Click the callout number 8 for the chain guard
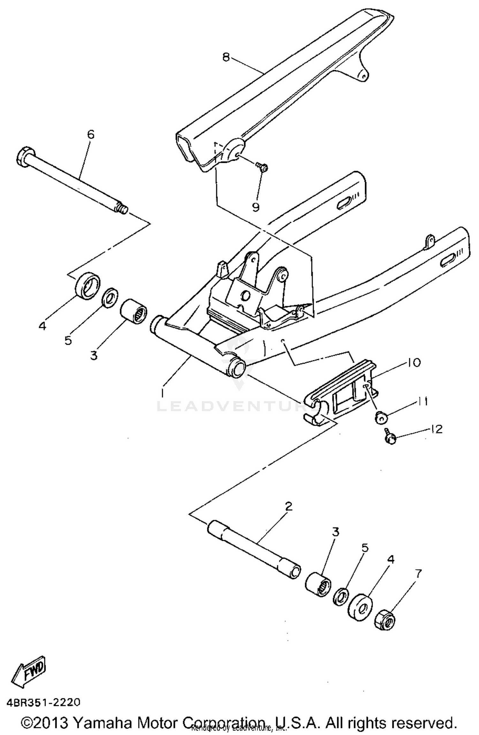[x=226, y=57]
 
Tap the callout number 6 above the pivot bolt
[x=91, y=134]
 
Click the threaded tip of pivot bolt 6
[x=123, y=209]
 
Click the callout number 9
[x=255, y=207]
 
